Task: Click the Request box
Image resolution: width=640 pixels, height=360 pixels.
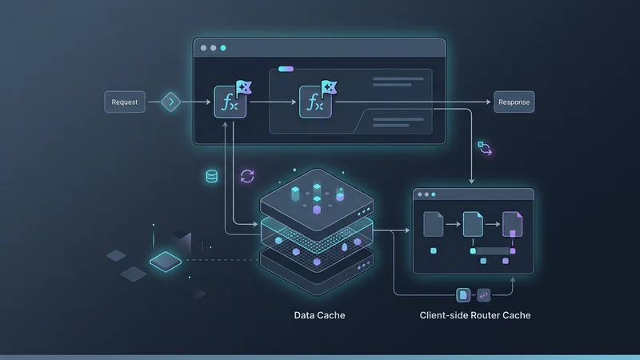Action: click(x=125, y=102)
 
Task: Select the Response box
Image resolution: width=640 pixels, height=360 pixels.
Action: click(x=514, y=102)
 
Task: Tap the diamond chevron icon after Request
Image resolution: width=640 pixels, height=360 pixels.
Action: click(x=171, y=102)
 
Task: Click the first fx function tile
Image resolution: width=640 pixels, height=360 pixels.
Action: click(x=230, y=103)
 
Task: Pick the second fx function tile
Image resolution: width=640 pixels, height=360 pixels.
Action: click(x=315, y=103)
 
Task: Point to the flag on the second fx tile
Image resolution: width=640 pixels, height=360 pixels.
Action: click(x=327, y=87)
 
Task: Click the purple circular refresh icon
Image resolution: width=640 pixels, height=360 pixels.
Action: click(x=247, y=176)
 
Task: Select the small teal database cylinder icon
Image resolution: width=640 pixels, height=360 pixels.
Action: click(x=212, y=176)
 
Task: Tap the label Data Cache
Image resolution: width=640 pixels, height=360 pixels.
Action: click(x=319, y=315)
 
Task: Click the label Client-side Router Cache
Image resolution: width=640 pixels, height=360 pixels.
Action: click(x=474, y=315)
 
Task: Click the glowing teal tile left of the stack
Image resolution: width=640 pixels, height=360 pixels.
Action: click(x=166, y=259)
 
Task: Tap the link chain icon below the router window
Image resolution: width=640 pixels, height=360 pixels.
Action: click(x=482, y=294)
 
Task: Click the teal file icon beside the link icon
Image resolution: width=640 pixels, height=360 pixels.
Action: click(x=463, y=294)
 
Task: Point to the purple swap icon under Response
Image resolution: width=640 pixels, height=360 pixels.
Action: click(x=486, y=148)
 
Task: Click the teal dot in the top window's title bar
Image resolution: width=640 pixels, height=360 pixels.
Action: click(x=223, y=48)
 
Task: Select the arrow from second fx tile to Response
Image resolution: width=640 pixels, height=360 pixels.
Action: click(x=412, y=102)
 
